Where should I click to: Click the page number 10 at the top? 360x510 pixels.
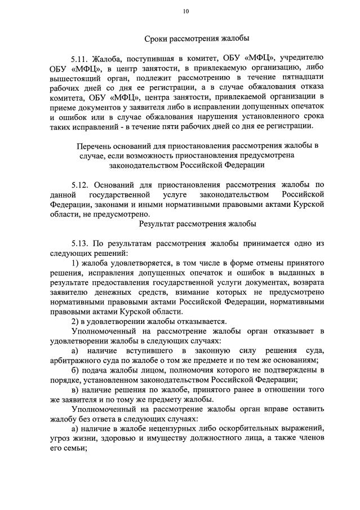[186, 12]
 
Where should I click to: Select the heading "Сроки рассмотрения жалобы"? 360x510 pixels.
[197, 38]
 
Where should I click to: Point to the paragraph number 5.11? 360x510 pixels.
[82, 58]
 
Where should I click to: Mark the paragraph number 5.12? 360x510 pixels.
[82, 184]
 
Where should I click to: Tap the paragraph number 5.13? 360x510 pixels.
[82, 243]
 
